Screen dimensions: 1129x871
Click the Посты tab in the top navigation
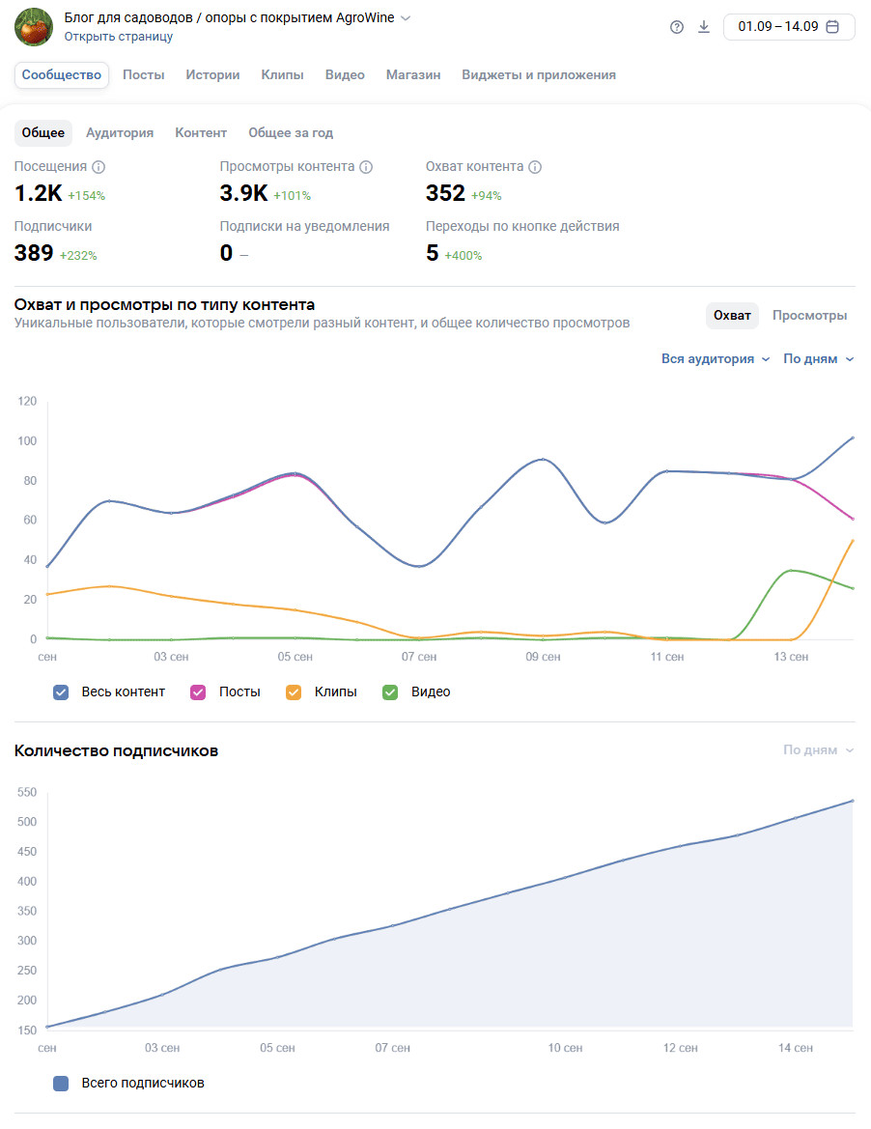coord(144,75)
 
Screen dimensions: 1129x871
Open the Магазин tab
coord(413,75)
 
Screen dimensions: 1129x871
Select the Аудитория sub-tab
coord(120,133)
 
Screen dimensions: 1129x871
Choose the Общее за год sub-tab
coord(291,133)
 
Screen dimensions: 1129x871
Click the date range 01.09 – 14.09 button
coord(788,26)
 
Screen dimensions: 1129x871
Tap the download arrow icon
coord(704,26)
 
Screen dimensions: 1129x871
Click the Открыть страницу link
coord(119,37)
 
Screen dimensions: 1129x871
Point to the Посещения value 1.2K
coord(38,194)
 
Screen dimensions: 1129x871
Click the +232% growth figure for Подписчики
coord(78,256)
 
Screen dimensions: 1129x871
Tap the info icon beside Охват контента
coord(535,167)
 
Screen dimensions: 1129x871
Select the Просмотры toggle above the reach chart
coord(809,316)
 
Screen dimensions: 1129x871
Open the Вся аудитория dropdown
coord(716,359)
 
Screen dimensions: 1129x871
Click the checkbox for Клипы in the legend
coord(294,692)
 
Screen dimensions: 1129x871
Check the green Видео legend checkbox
coord(390,692)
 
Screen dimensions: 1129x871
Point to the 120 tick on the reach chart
coord(27,402)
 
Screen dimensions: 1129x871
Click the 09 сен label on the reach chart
coord(544,657)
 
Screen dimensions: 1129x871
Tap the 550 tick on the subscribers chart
coord(27,793)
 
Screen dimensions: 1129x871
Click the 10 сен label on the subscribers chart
coord(565,1048)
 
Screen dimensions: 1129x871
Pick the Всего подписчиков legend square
coord(61,1084)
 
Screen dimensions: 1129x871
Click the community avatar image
coord(34,26)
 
